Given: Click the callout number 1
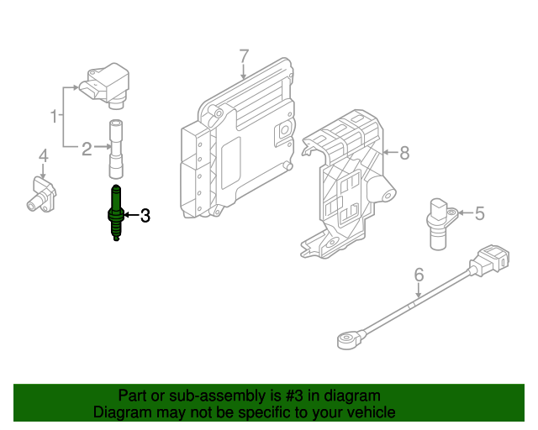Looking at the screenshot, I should click(55, 115).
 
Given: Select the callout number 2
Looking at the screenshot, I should click(87, 149).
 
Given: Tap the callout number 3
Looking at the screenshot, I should click(145, 216).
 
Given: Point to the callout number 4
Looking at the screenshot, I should click(43, 155).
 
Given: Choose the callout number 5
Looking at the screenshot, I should click(479, 213).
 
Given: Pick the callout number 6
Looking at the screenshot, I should click(418, 274).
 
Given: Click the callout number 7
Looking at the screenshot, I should click(244, 56).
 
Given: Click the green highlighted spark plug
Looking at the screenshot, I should click(114, 215).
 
